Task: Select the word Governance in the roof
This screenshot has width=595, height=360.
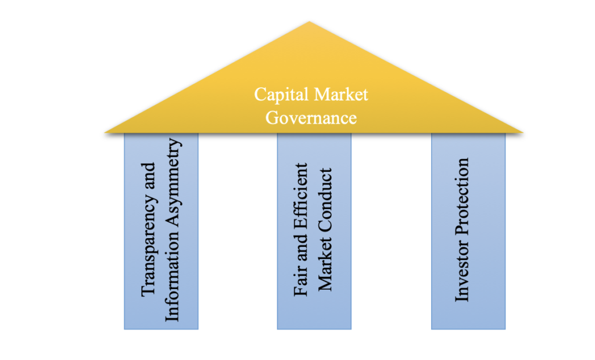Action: click(311, 117)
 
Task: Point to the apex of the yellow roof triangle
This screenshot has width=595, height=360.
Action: click(310, 23)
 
